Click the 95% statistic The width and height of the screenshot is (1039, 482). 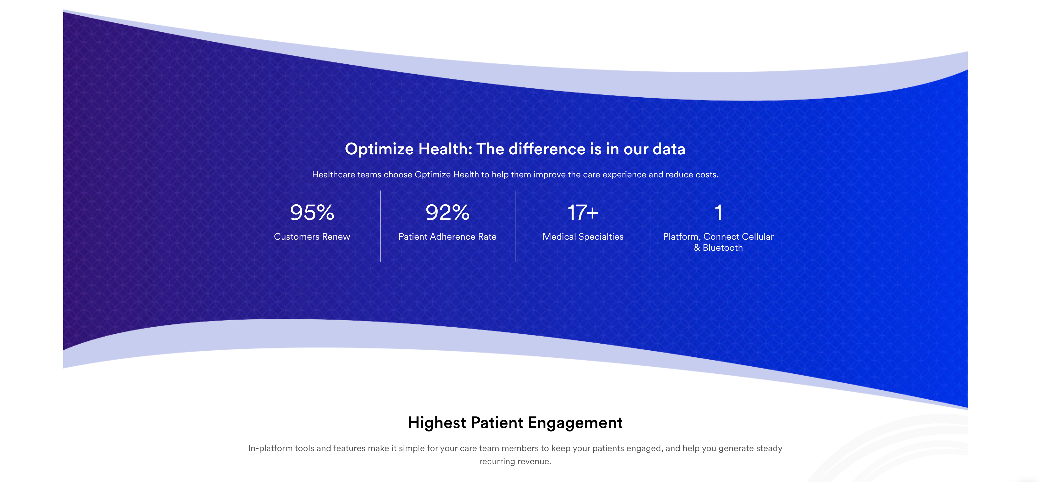(x=312, y=212)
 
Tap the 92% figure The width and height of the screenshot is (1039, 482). (x=447, y=212)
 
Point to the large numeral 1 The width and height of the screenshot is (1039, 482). (x=718, y=212)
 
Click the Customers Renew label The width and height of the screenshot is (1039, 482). (x=312, y=237)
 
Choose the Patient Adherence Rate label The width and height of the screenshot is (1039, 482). (x=447, y=237)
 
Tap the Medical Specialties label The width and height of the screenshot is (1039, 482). (x=583, y=237)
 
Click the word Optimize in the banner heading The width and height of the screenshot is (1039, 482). (x=379, y=149)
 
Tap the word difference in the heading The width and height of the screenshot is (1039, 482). (x=547, y=149)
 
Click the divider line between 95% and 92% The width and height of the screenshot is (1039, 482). (x=380, y=226)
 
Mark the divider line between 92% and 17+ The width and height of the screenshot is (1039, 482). (x=516, y=226)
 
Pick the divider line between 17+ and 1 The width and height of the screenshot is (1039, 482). (x=651, y=226)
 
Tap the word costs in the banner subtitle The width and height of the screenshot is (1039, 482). (x=707, y=175)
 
